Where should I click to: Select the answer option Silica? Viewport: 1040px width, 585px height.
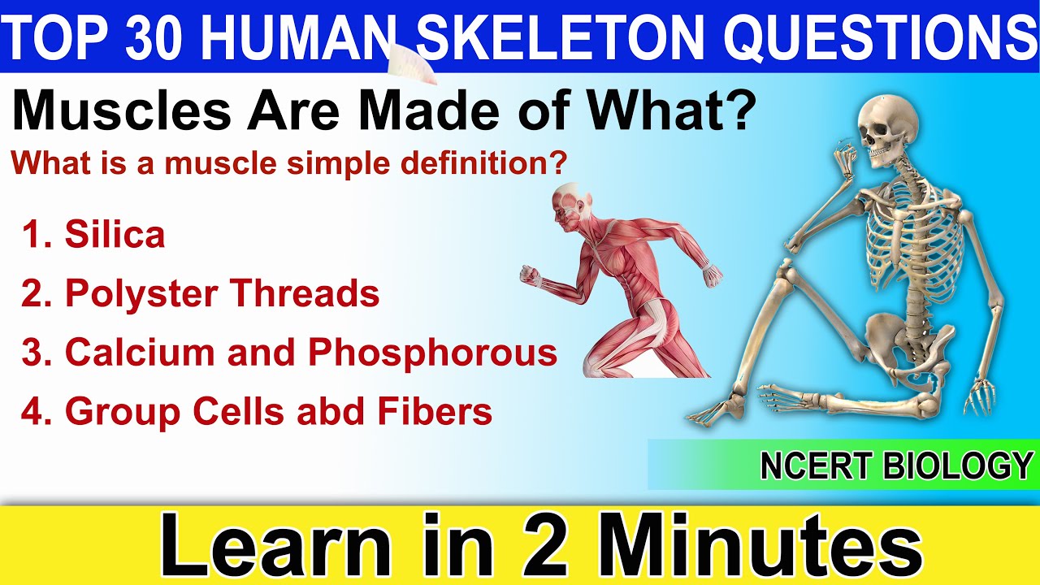point(115,235)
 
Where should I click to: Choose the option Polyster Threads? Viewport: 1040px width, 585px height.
point(222,293)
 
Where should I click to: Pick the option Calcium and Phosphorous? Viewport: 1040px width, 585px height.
point(310,352)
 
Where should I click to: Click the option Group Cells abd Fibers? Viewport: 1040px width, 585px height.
point(278,411)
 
